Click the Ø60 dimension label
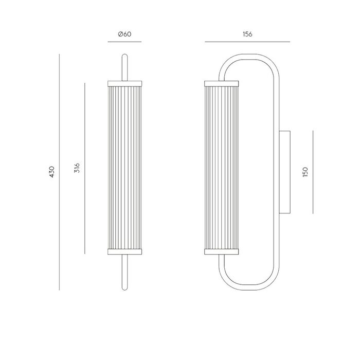tap(124, 34)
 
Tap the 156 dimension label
tap(247, 34)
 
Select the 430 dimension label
tap(52, 172)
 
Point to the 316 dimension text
tap(77, 168)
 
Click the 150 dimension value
tap(305, 172)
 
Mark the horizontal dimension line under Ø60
tap(124, 42)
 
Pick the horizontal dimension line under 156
tap(247, 42)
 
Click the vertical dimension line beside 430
tap(59, 172)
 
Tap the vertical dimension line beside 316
tap(84, 168)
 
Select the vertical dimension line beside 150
tap(313, 172)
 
